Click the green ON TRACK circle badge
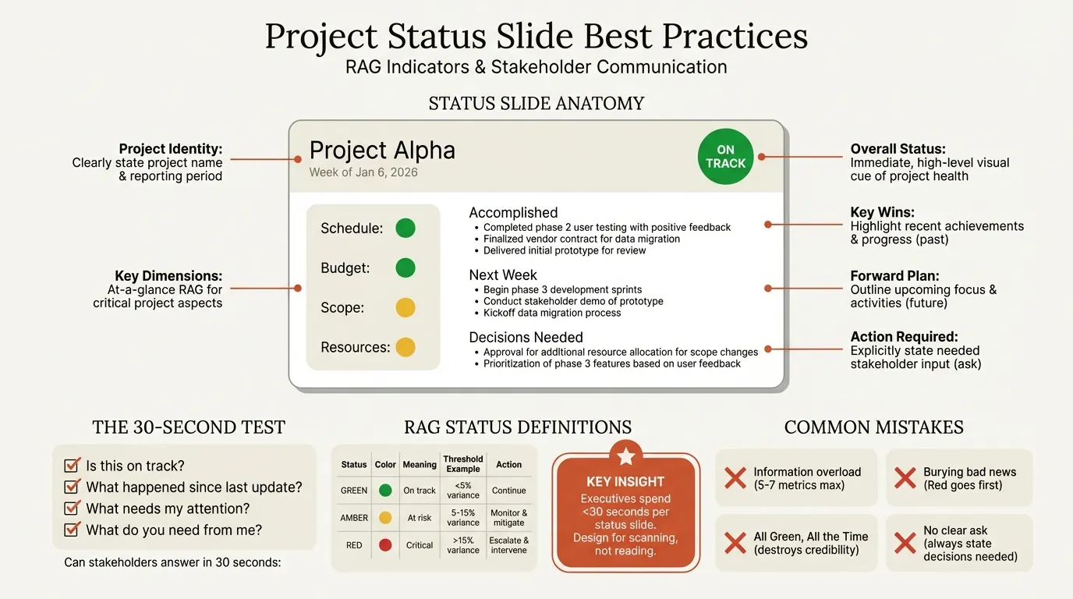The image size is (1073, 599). click(725, 157)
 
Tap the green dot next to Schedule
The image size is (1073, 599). click(405, 229)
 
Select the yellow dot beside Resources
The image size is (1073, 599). click(405, 347)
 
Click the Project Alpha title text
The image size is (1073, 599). click(382, 151)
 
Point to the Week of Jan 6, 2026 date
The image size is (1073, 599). click(363, 172)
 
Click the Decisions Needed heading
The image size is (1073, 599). click(526, 338)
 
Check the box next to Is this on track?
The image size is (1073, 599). click(72, 466)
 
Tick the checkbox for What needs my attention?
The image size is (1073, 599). click(72, 509)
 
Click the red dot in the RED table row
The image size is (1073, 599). click(384, 545)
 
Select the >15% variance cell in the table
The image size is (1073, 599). click(463, 545)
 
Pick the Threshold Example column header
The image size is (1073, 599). click(463, 464)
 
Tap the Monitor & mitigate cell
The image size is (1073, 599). click(508, 518)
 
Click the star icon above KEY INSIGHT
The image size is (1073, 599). click(626, 455)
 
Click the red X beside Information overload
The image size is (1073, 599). click(735, 477)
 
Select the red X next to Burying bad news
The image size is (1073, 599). click(905, 477)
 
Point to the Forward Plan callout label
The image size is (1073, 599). click(894, 275)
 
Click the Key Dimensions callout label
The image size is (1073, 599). click(168, 275)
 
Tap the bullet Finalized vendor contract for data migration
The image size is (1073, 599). click(582, 239)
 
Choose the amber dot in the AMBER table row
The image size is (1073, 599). click(384, 518)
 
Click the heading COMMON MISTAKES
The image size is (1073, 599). click(873, 427)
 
